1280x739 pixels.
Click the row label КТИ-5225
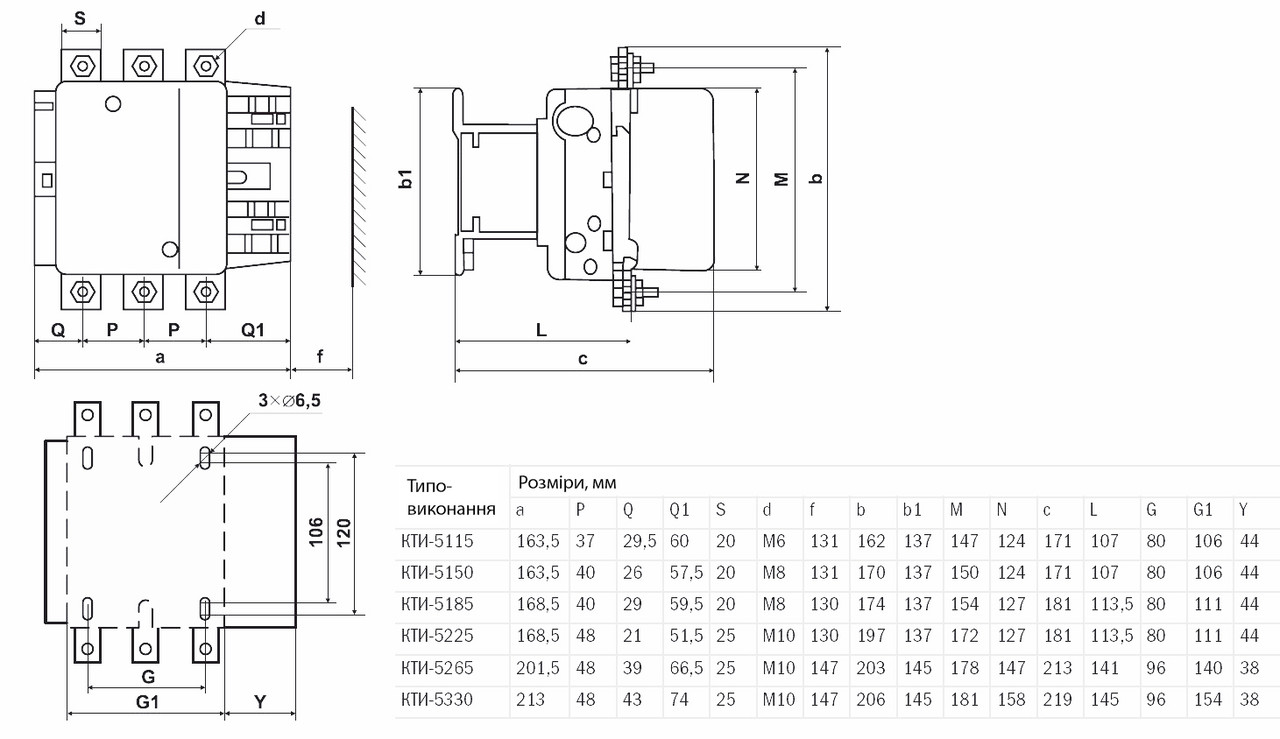pyautogui.click(x=436, y=636)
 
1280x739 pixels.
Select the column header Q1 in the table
pyautogui.click(x=680, y=510)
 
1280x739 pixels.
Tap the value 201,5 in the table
pyautogui.click(x=537, y=668)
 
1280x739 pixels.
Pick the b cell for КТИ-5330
pyautogui.click(x=871, y=700)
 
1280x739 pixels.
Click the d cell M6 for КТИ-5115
pyautogui.click(x=776, y=541)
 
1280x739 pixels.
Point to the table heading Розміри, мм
pyautogui.click(x=567, y=482)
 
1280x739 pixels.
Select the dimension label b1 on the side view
pyautogui.click(x=405, y=180)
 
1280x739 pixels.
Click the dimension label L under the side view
pyautogui.click(x=541, y=329)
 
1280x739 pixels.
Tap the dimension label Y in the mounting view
pyautogui.click(x=260, y=702)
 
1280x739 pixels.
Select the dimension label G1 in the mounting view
pyautogui.click(x=147, y=702)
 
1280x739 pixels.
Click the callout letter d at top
pyautogui.click(x=260, y=19)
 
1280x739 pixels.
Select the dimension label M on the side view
pyautogui.click(x=783, y=180)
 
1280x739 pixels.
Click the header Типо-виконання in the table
pyautogui.click(x=451, y=497)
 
